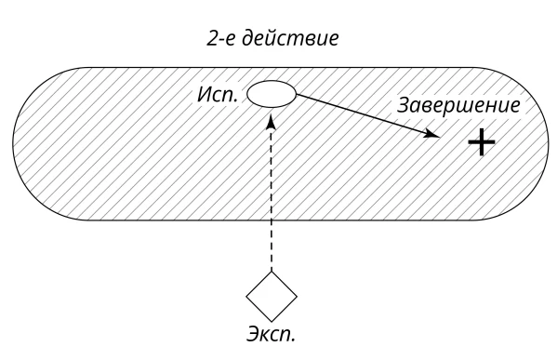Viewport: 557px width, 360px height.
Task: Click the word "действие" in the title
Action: click(290, 38)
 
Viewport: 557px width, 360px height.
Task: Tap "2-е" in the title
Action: click(221, 38)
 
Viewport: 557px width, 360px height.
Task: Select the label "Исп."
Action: click(218, 95)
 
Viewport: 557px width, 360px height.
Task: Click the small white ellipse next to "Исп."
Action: click(272, 94)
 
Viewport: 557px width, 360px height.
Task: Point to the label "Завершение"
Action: click(458, 105)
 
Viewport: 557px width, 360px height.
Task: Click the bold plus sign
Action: click(482, 142)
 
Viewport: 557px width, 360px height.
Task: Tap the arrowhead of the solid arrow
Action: click(433, 134)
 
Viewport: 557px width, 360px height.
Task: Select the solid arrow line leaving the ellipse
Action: click(368, 115)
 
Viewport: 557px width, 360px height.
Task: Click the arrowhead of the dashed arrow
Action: click(272, 122)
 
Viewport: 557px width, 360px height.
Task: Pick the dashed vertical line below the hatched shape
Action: click(272, 246)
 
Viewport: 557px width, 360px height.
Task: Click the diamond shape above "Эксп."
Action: click(272, 297)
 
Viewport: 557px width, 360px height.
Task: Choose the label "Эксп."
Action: click(271, 334)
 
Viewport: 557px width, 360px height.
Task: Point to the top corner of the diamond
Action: click(272, 272)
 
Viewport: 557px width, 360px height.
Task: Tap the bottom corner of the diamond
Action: click(272, 322)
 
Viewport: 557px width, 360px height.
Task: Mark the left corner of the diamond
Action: click(246, 297)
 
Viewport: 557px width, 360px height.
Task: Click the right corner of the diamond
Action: click(298, 297)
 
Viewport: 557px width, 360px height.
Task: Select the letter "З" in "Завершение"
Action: click(404, 105)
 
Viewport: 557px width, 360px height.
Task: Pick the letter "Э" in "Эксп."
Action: click(253, 333)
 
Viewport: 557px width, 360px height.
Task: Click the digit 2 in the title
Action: click(212, 38)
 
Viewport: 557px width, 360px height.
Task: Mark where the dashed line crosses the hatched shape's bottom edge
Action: click(272, 220)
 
